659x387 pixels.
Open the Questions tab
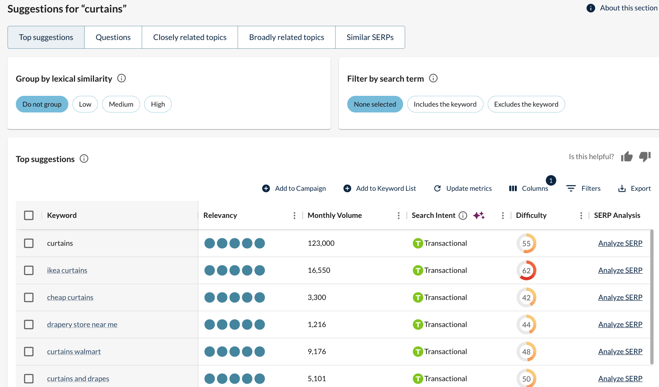point(113,37)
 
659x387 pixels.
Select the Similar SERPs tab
point(370,37)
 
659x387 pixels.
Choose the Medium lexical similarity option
point(121,104)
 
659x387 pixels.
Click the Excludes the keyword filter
point(526,104)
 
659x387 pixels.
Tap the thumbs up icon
point(626,157)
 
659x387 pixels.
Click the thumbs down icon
point(645,157)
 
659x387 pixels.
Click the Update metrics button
point(463,188)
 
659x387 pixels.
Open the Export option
point(634,188)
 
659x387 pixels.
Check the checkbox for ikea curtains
point(29,270)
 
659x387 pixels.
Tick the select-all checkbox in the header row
point(29,215)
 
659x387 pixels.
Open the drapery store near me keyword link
point(82,325)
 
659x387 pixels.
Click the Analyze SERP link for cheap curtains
point(620,297)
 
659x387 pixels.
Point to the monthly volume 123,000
point(321,243)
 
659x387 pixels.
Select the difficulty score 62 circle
point(526,270)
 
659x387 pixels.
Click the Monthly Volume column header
point(335,215)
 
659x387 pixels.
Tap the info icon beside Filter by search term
point(433,78)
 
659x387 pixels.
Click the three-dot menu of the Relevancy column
point(294,215)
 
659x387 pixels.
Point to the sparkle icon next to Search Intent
point(479,215)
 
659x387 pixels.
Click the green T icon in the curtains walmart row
point(418,352)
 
